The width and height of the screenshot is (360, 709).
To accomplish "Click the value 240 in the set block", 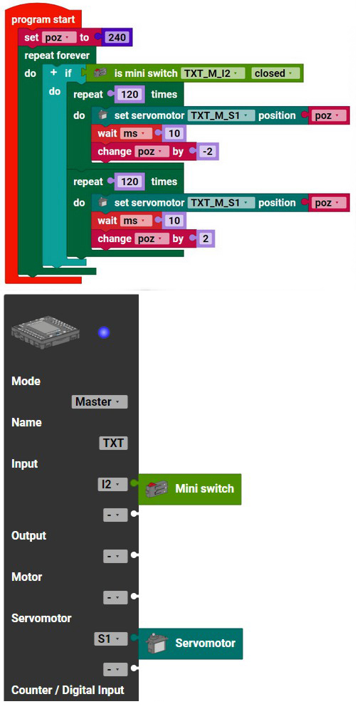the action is coord(118,38).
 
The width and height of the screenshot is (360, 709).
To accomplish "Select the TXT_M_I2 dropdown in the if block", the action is coord(212,73).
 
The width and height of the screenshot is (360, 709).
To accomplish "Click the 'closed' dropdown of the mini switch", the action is coord(272,73).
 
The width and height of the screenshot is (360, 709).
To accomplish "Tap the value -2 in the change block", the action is coord(207,152).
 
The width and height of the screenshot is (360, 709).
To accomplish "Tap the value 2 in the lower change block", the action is coord(206,238).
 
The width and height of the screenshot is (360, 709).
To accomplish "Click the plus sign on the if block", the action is coord(54,73).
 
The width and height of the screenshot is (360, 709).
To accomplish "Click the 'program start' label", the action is coord(43,20).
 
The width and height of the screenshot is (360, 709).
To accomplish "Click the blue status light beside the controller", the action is coord(104,333).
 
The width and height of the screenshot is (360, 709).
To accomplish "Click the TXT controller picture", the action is coord(45,332).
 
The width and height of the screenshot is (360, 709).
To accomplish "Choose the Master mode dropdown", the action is coord(100,401).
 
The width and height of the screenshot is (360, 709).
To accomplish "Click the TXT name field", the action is coord(113,443).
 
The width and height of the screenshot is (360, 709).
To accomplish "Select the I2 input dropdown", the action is coord(113,485).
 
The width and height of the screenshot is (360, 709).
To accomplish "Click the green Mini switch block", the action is coord(190,489).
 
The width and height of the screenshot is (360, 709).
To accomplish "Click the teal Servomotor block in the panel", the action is coord(190,644).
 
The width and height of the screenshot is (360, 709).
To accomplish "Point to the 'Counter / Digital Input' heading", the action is coord(68,690).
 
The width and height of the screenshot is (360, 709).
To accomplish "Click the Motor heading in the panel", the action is coord(26,577).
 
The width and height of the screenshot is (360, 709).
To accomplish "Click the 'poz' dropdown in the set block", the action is coord(59,38).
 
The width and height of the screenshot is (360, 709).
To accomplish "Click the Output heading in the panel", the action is coord(29,535).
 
